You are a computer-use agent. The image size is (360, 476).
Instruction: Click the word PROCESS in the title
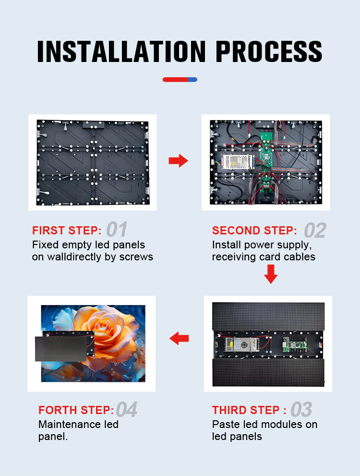pos(269,51)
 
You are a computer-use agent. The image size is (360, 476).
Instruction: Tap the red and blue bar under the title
pos(180,80)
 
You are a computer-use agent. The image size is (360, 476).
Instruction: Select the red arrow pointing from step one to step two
pos(179,160)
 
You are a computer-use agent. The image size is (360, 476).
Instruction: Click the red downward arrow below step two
pos(271,274)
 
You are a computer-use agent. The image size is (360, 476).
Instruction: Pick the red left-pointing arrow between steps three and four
pos(179,338)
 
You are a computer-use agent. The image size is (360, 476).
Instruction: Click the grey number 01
pos(117,229)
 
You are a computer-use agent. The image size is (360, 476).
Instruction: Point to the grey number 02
pos(315,231)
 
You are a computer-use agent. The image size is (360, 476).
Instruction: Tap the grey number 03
pos(301,410)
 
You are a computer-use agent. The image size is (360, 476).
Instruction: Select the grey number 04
pos(126,410)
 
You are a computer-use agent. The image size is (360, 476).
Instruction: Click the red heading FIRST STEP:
pos(67,231)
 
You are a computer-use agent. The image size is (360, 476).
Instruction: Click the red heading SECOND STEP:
pos(254,231)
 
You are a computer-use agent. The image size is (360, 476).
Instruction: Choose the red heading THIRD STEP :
pos(249,410)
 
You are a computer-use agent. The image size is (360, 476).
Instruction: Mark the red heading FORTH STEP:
pos(76,410)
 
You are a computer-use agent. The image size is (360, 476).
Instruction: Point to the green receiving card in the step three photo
pos(295,344)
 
